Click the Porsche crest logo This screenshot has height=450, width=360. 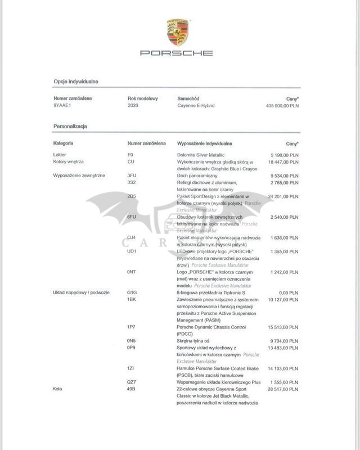coord(178,33)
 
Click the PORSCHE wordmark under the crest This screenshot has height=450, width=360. coord(177,53)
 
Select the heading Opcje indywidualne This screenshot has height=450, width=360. coord(76,82)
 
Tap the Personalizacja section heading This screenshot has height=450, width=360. coord(70,127)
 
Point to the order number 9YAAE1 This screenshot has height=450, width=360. coord(62,105)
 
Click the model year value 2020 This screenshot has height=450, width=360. coord(133,105)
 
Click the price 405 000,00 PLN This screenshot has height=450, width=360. coord(282,105)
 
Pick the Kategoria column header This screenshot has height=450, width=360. coord(63,144)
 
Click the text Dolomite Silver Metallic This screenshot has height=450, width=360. coord(201,154)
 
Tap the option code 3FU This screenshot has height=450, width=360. coord(132,175)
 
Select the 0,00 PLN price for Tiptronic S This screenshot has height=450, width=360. coord(287,292)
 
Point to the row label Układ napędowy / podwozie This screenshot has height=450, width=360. coord(81,292)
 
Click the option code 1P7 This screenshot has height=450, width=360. coord(132,327)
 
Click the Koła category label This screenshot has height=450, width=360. coord(58,389)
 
